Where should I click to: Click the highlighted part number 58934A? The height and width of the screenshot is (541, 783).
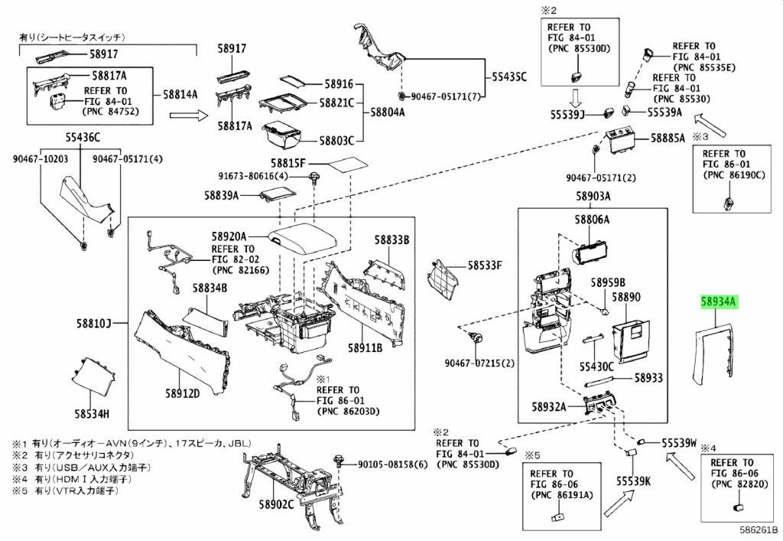click(x=719, y=301)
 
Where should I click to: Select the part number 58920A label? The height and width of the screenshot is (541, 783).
click(x=228, y=236)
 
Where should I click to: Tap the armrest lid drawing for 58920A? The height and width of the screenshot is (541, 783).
click(x=302, y=241)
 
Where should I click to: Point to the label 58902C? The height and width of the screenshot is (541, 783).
click(x=276, y=504)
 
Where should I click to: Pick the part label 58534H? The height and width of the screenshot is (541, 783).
click(x=92, y=413)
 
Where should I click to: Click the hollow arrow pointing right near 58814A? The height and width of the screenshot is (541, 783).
click(x=188, y=116)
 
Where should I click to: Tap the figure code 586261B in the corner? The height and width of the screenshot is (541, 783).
click(x=759, y=530)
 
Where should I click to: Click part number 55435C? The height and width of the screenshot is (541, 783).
click(x=508, y=77)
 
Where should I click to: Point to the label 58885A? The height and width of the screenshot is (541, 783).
click(x=668, y=138)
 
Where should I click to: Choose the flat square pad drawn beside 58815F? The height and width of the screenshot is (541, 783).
click(x=348, y=165)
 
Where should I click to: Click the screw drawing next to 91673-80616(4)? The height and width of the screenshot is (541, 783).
click(x=314, y=178)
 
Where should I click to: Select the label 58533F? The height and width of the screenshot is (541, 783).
click(x=484, y=265)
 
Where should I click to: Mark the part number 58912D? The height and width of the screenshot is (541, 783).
click(x=182, y=393)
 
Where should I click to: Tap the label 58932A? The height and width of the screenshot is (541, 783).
click(x=549, y=407)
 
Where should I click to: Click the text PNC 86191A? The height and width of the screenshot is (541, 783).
click(x=561, y=494)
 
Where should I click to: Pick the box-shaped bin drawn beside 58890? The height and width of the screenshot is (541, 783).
click(x=631, y=341)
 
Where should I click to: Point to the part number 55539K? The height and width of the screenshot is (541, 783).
click(x=633, y=481)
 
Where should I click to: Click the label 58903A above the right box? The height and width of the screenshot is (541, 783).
click(x=593, y=196)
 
